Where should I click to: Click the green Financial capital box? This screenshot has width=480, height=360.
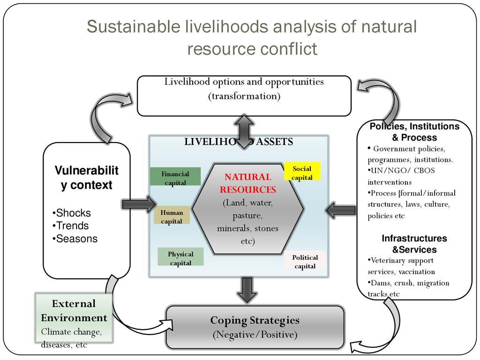[175, 177]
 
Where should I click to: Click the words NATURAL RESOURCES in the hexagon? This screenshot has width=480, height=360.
[247, 183]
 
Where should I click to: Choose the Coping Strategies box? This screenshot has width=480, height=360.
[255, 327]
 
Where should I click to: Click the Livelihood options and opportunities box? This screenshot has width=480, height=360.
[244, 96]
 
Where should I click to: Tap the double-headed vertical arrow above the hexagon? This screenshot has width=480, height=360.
[244, 132]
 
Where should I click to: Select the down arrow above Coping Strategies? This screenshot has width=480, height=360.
[247, 289]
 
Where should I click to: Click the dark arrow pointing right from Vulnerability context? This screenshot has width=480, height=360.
[139, 204]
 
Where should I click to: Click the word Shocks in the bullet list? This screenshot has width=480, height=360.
[73, 213]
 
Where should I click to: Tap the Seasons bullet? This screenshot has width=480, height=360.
[76, 239]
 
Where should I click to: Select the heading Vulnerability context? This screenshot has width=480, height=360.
[86, 178]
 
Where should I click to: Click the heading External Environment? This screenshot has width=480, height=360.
[74, 310]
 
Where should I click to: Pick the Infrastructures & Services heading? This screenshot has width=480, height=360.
[414, 244]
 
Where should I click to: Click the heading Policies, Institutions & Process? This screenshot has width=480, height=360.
[414, 132]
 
